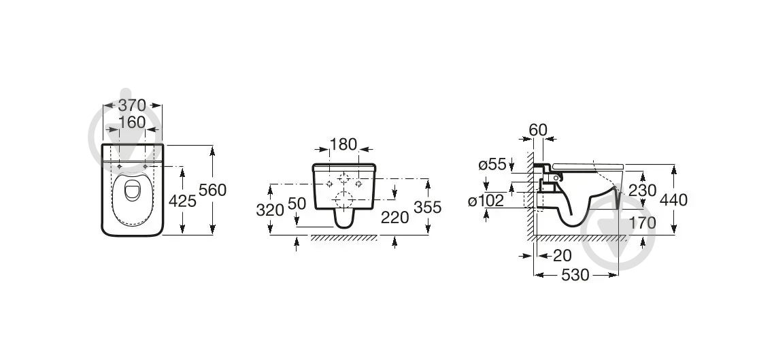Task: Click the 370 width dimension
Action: [x=133, y=105]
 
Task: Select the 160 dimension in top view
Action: [x=132, y=122]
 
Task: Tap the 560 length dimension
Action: [x=212, y=191]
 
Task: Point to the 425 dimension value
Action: [x=183, y=201]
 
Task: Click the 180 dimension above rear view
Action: [x=343, y=145]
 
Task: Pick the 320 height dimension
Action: [x=269, y=210]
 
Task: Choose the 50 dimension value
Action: [x=297, y=203]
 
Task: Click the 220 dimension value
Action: [x=395, y=217]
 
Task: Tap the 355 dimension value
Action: [x=428, y=207]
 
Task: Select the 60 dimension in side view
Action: [x=537, y=129]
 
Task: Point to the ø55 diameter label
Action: [x=492, y=164]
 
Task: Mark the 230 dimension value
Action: [x=642, y=191]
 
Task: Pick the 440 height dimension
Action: [x=673, y=199]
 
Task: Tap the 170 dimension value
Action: [x=642, y=223]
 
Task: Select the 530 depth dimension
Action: [x=575, y=275]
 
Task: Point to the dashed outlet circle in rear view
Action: [x=344, y=199]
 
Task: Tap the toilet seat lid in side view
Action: [x=589, y=166]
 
